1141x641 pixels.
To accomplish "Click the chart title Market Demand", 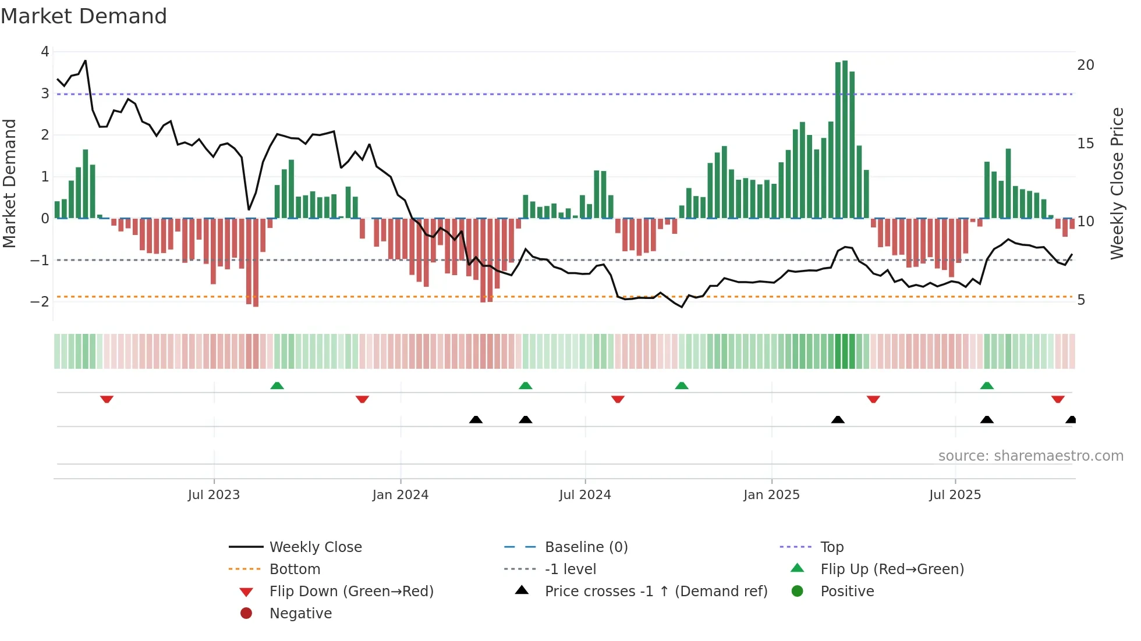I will [x=84, y=16].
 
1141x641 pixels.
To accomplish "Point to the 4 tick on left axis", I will [x=45, y=52].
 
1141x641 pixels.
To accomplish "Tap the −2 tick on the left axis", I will [x=40, y=301].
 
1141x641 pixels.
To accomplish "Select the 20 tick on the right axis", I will [x=1086, y=65].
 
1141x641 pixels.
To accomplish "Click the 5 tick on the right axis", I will [x=1081, y=300].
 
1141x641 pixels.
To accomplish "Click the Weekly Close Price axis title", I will [x=1117, y=183].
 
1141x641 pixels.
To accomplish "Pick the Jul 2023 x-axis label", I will [x=214, y=495].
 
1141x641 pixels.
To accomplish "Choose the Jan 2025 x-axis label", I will [x=771, y=495].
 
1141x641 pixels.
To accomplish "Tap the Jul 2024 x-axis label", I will [x=585, y=495].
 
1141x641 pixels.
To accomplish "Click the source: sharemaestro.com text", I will [x=1030, y=456].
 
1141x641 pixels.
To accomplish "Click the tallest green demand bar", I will [x=845, y=140].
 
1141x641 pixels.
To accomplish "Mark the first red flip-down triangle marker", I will [x=107, y=399].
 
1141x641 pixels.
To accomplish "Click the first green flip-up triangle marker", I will [x=277, y=386].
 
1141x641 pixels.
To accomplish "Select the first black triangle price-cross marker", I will [x=476, y=419].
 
